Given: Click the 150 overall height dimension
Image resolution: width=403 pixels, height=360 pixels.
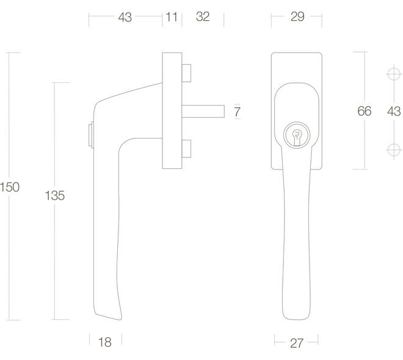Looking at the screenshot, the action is coord(10,187).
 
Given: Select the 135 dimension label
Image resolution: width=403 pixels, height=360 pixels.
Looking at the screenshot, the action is coord(54,196).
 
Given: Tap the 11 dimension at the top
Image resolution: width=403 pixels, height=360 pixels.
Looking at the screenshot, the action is coord(172,17).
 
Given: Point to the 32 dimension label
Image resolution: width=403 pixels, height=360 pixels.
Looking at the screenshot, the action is coord(203,16).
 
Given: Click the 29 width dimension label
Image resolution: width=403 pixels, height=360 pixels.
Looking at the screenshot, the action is coord(297,16).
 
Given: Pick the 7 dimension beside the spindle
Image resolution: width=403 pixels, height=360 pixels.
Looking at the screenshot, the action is coord(237,112).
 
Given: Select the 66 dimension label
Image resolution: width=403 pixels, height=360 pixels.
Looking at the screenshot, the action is coord(364,111).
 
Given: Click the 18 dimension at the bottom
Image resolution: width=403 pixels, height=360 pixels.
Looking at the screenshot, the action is coord(105,342).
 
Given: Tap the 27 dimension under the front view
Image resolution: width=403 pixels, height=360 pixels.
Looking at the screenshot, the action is coord(297,344).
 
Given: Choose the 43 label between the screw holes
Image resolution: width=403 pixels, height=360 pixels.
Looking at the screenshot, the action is coord(394,112).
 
